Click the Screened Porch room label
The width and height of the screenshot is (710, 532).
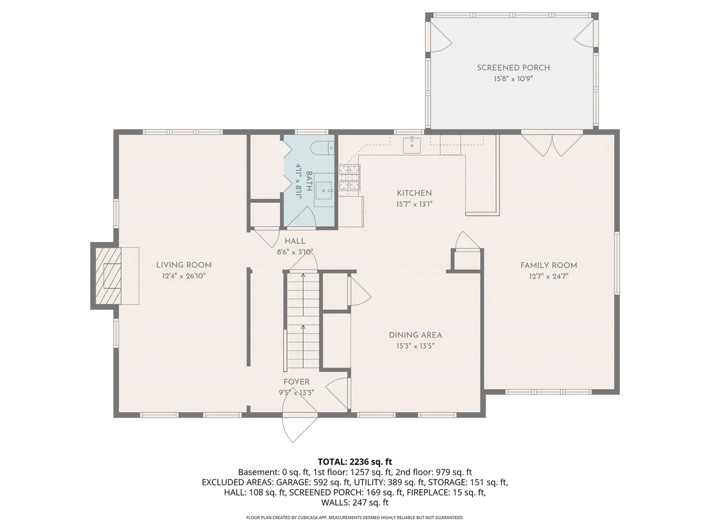(x=513, y=68)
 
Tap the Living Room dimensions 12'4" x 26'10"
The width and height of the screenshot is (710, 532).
(x=184, y=276)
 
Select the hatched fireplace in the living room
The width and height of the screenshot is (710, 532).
(x=108, y=275)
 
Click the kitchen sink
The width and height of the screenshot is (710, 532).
(x=412, y=145)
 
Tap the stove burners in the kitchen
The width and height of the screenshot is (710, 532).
(x=350, y=177)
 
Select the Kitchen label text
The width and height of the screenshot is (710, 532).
(x=415, y=193)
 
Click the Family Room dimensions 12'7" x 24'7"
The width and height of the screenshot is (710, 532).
(x=549, y=277)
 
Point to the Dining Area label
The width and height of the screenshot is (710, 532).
(x=415, y=335)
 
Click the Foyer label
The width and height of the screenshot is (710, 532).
(x=297, y=382)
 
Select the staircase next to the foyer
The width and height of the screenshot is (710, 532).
(x=303, y=321)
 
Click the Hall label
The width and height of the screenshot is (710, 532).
(x=295, y=241)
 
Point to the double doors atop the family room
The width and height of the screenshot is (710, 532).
(x=552, y=145)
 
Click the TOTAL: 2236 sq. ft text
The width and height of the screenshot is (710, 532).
(x=354, y=462)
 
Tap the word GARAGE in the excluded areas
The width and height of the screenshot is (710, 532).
(x=292, y=482)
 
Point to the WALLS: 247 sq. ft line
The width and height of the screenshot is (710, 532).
(x=354, y=502)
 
